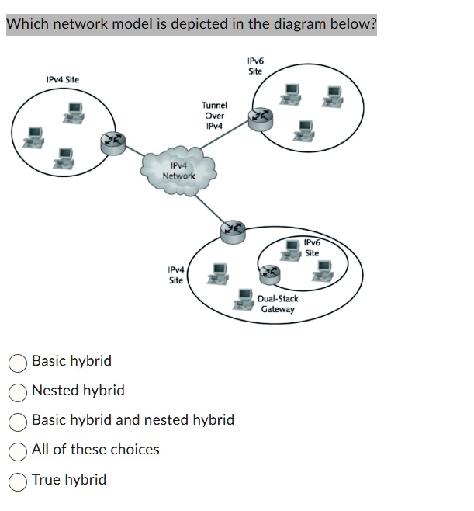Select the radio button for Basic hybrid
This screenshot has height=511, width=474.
pyautogui.click(x=18, y=362)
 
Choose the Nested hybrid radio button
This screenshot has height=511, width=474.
pyautogui.click(x=18, y=391)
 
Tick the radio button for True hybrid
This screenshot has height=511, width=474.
pyautogui.click(x=18, y=481)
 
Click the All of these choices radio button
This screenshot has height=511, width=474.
pyautogui.click(x=18, y=450)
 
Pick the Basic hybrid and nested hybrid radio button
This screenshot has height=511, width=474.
pyautogui.click(x=18, y=421)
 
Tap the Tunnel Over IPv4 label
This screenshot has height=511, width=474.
pyautogui.click(x=214, y=115)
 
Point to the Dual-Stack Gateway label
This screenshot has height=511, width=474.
pyautogui.click(x=278, y=304)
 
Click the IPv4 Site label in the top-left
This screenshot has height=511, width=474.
pyautogui.click(x=62, y=79)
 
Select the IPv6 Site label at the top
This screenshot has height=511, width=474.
pyautogui.click(x=255, y=65)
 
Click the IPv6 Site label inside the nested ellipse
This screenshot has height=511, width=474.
pyautogui.click(x=311, y=248)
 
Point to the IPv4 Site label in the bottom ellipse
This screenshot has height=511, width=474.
pyautogui.click(x=176, y=275)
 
